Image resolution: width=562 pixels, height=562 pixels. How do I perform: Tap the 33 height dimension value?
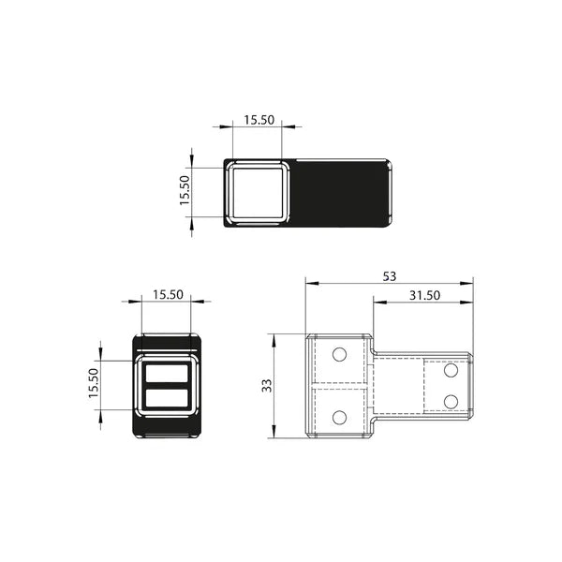pyautogui.click(x=267, y=385)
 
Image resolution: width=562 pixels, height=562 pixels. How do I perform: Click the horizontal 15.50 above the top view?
pyautogui.click(x=258, y=120)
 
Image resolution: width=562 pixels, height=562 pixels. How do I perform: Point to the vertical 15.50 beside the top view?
pyautogui.click(x=185, y=192)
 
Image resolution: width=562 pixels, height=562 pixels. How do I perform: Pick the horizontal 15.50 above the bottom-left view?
pyautogui.click(x=167, y=294)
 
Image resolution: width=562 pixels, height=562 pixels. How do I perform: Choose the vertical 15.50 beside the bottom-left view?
pyautogui.click(x=94, y=384)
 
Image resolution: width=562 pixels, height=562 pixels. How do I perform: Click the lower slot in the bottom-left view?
pyautogui.click(x=167, y=399)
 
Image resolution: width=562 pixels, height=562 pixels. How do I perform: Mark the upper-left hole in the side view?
pyautogui.click(x=340, y=354)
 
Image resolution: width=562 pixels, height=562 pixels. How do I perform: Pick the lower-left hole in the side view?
pyautogui.click(x=340, y=416)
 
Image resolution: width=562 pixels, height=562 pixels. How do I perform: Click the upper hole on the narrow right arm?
pyautogui.click(x=451, y=371)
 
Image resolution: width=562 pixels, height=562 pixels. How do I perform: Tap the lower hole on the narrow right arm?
pyautogui.click(x=451, y=401)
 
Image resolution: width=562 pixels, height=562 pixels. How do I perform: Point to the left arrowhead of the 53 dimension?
pyautogui.click(x=310, y=282)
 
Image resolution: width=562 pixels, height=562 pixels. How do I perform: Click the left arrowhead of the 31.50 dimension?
pyautogui.click(x=377, y=303)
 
